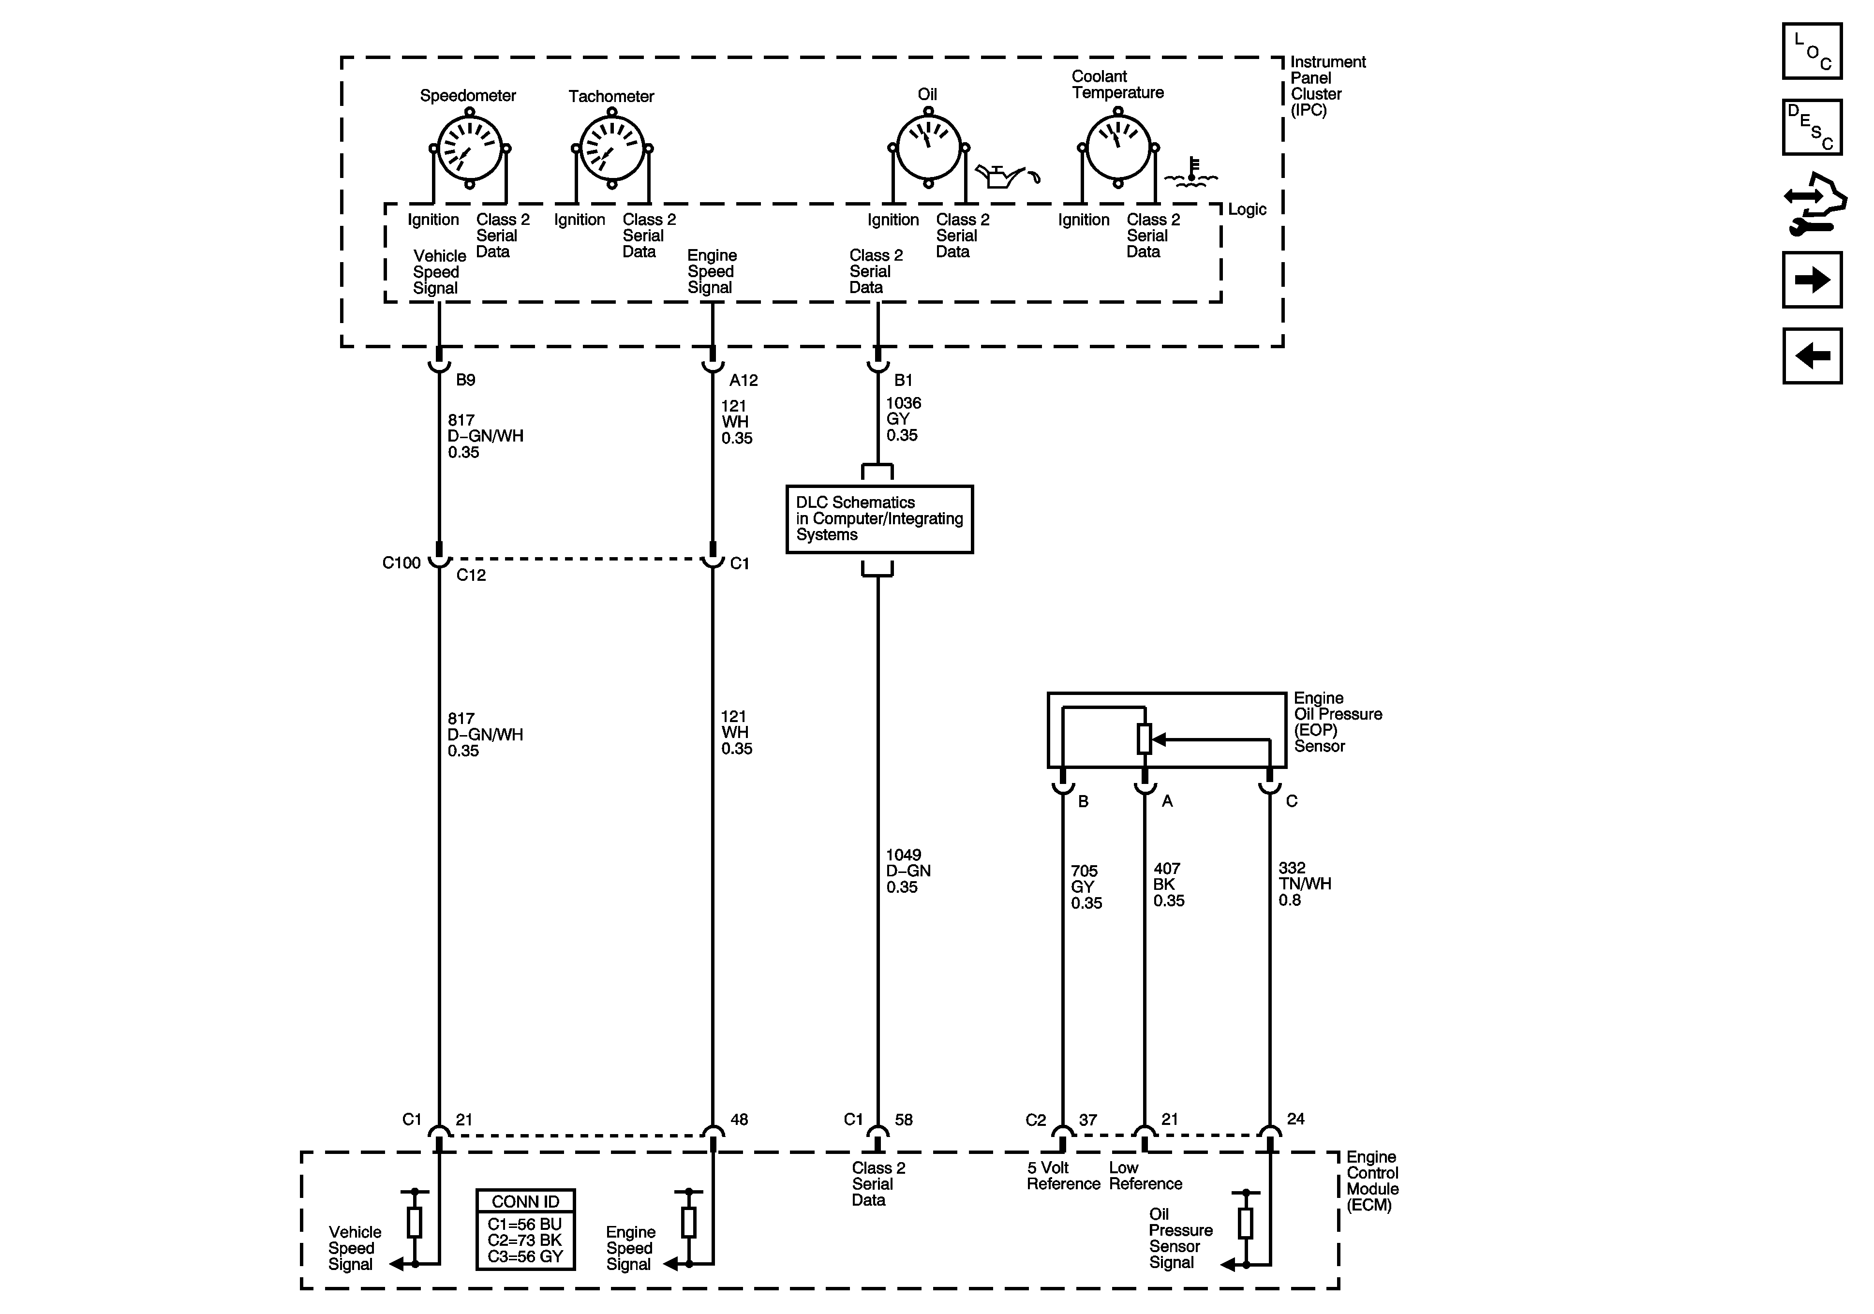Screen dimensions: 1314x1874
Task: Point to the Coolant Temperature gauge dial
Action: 1118,148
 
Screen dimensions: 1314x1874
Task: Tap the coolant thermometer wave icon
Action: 1191,171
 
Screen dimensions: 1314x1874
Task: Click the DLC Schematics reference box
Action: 879,519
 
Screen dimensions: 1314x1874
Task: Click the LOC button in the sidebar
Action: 1812,51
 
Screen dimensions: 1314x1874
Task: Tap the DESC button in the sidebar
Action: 1812,127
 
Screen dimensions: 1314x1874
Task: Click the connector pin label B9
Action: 465,380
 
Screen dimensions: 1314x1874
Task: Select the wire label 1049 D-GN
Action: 907,871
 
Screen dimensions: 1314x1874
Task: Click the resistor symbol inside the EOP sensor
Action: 1145,738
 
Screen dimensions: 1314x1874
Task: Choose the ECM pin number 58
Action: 904,1120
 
